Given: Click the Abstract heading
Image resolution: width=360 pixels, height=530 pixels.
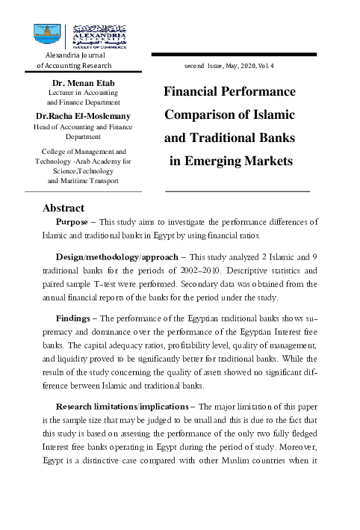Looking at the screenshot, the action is pyautogui.click(x=63, y=207).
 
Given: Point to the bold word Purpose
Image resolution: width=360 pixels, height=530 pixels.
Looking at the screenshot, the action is pyautogui.click(x=76, y=222).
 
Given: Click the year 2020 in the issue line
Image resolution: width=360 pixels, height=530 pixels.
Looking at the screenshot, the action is pyautogui.click(x=243, y=67).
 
